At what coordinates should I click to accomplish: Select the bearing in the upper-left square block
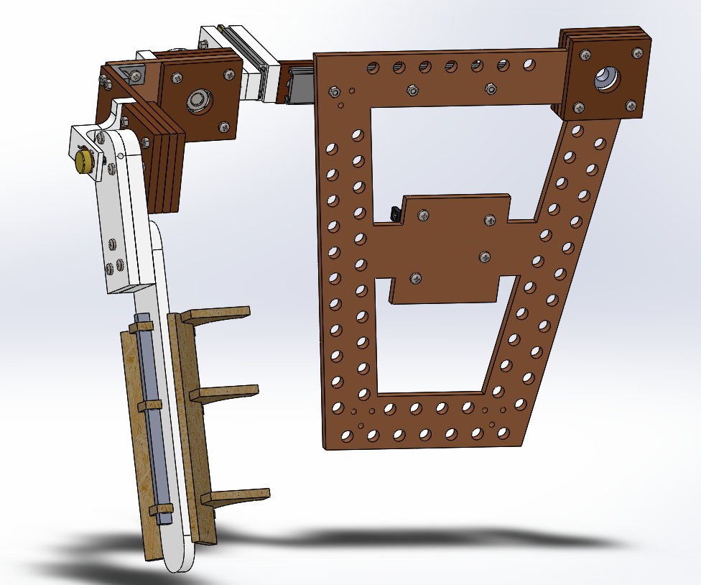pos(196,101)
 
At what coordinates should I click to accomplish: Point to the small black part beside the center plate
pos(394,213)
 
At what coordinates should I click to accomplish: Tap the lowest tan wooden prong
pos(237,496)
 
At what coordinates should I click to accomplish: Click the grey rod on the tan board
pos(153,417)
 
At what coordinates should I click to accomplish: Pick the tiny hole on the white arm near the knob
pos(121,155)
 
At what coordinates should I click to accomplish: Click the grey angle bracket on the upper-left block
pos(132,73)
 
